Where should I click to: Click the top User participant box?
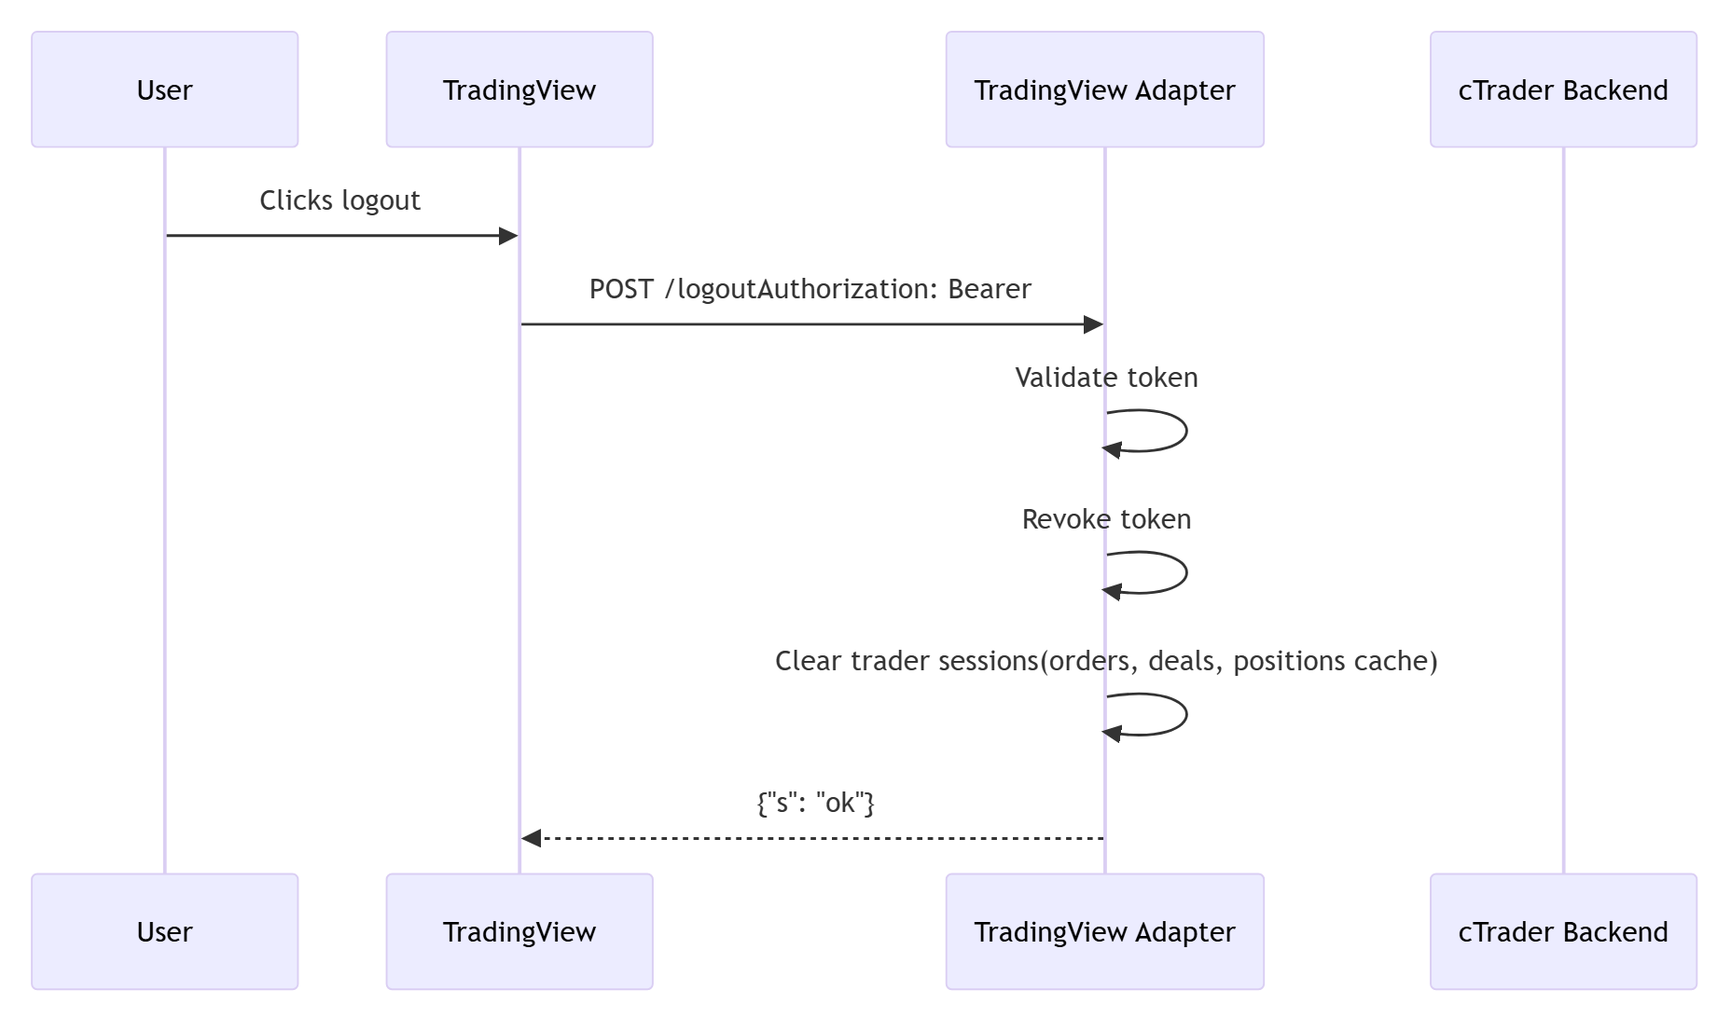coord(164,89)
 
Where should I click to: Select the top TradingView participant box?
coord(519,89)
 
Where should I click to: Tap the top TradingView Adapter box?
coord(1104,89)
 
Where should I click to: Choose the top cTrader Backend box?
coord(1563,89)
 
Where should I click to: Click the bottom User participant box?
coord(164,931)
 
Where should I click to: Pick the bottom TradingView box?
coord(519,931)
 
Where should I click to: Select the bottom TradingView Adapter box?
coord(1104,931)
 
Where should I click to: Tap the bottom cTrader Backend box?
coord(1563,931)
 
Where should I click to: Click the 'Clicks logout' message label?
coord(339,200)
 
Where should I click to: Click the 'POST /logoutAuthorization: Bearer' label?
coord(810,289)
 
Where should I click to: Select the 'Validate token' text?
coord(1106,378)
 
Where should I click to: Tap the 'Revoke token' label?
coord(1106,519)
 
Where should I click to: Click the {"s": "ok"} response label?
coord(815,803)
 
